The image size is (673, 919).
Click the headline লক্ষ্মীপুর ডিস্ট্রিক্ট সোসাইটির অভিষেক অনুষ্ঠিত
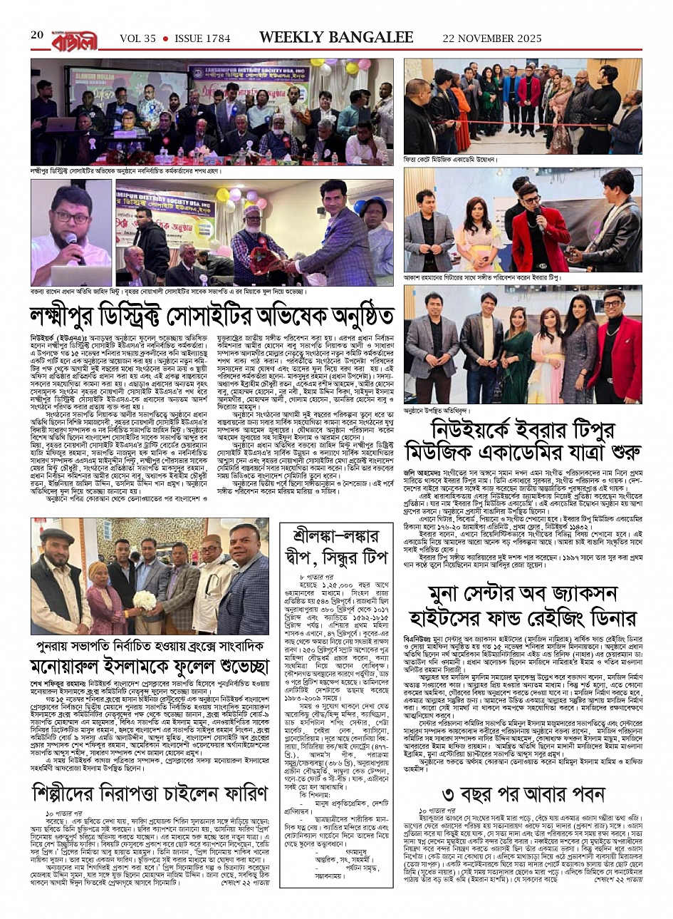pos(212,314)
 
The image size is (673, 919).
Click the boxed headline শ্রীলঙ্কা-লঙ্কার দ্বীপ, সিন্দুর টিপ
pos(344,545)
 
